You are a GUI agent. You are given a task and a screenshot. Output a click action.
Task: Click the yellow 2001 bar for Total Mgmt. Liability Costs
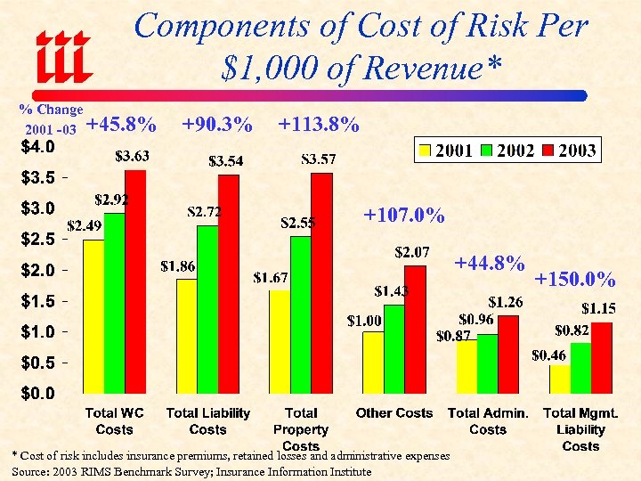coord(559,378)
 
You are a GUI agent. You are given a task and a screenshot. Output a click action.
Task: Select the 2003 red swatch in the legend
coord(549,150)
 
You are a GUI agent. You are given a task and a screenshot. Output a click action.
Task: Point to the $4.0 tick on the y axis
coord(38,145)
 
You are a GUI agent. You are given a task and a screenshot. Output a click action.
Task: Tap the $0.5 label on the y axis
coord(39,363)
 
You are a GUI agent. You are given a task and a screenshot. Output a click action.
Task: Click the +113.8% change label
coord(319,126)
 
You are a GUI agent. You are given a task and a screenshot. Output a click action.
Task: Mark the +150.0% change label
coord(574,281)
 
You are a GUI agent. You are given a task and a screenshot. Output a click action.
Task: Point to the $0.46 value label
coord(548,355)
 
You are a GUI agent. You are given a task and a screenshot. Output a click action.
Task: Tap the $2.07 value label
coord(412,253)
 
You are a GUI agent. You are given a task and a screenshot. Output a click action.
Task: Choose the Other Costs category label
coord(394,413)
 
